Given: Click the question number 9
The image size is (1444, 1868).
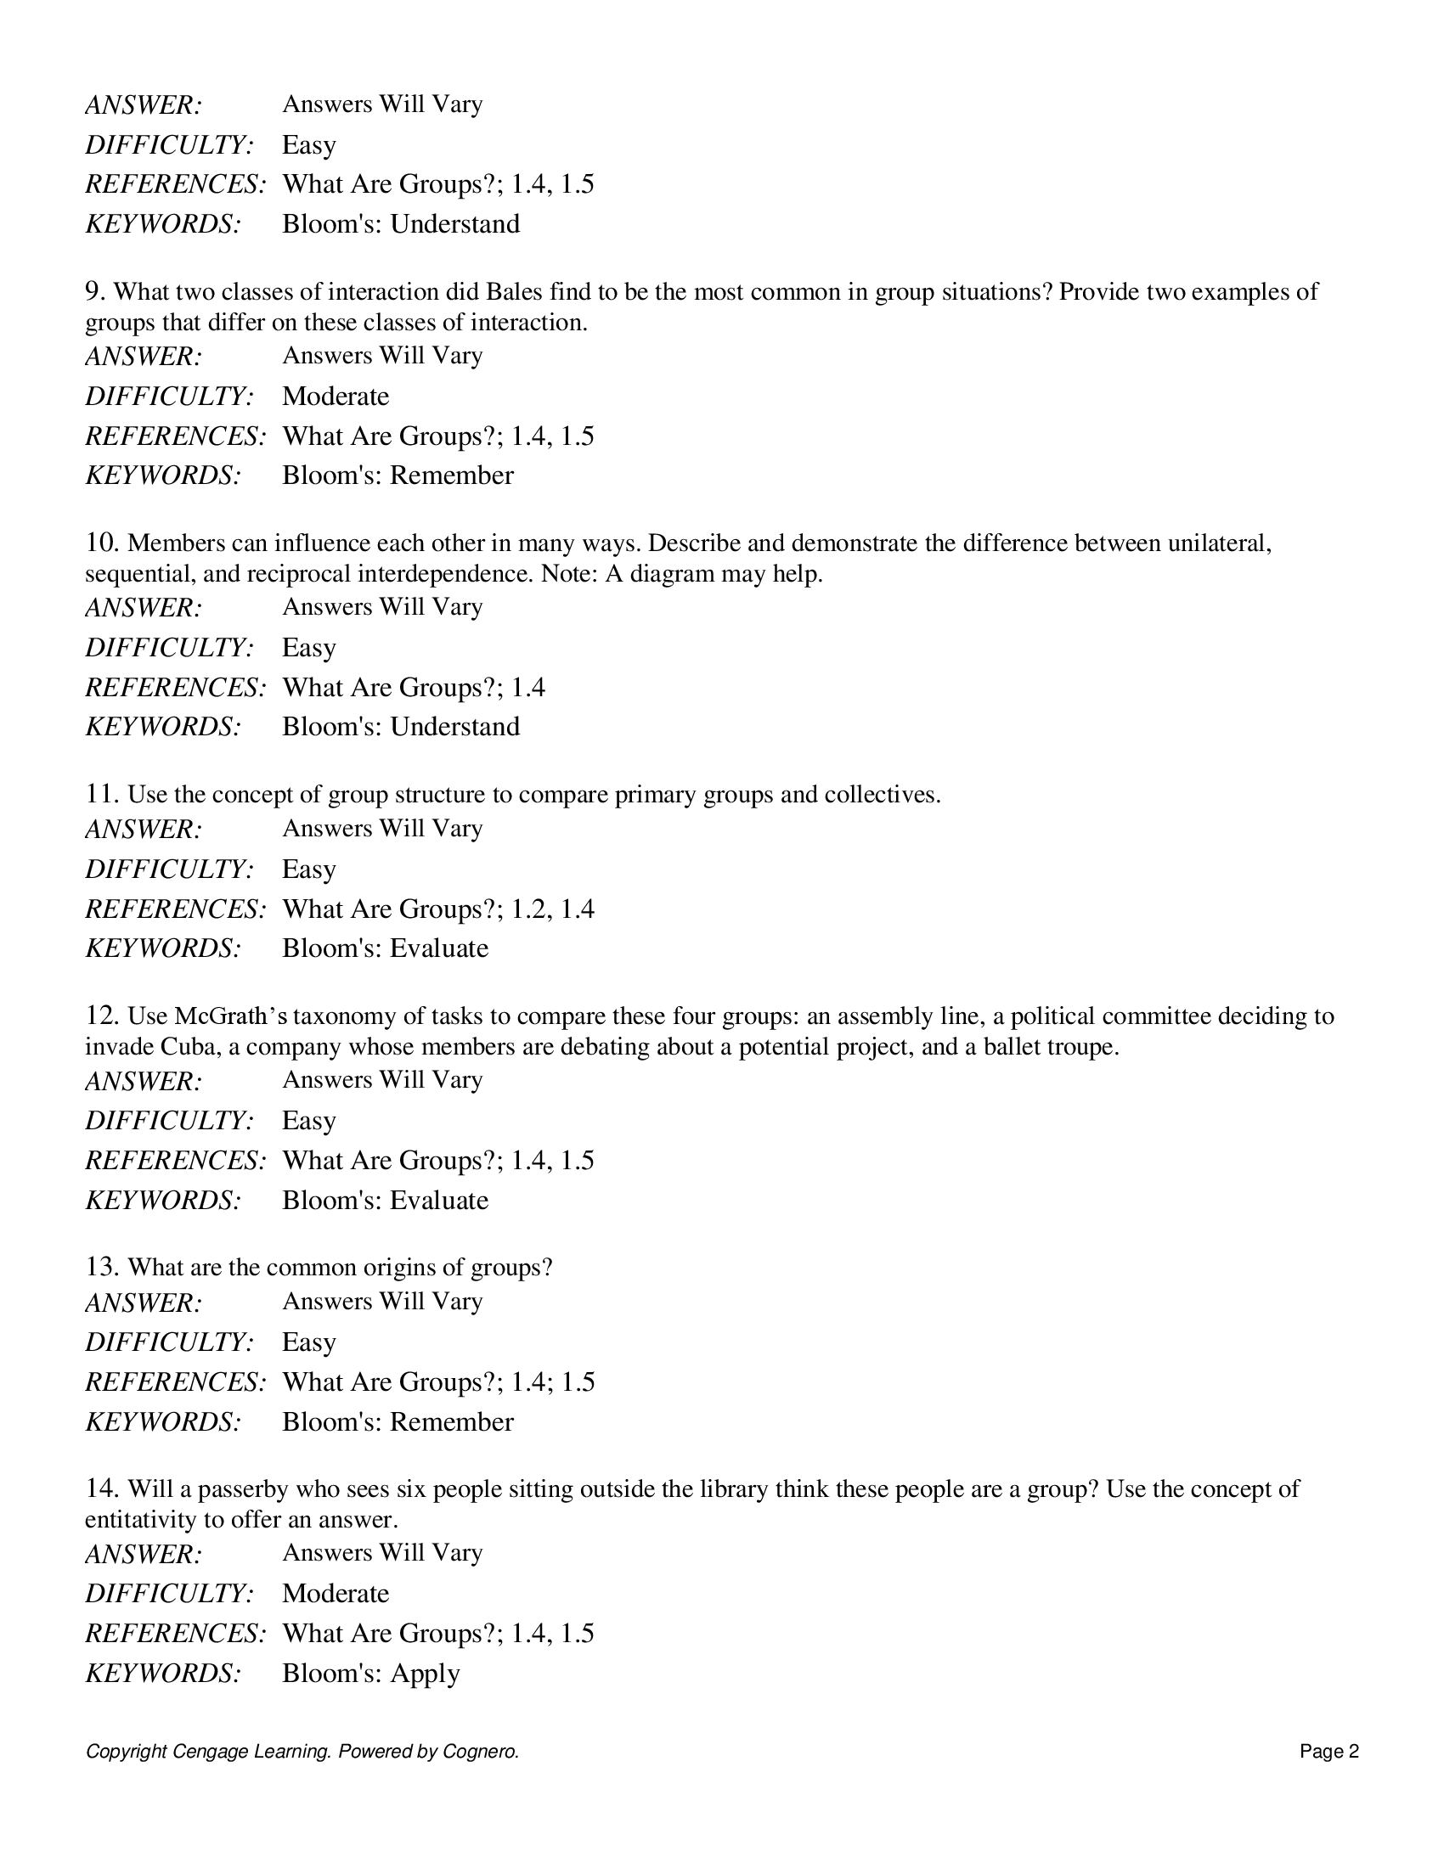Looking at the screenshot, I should pos(94,291).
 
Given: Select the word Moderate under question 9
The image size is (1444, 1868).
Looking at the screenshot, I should pos(336,396).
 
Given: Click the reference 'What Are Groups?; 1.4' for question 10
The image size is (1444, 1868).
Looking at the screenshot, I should pos(413,688).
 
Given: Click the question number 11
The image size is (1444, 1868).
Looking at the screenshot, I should pos(102,795).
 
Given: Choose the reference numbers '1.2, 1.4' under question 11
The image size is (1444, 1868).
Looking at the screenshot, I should pos(552,909).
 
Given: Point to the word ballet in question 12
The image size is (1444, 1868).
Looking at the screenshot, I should pos(1011,1047).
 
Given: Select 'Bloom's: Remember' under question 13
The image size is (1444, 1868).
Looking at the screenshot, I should pos(398,1421).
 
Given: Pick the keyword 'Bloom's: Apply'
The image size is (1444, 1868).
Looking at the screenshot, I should pos(370,1673).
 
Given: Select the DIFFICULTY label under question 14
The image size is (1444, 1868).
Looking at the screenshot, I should pos(169,1594).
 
